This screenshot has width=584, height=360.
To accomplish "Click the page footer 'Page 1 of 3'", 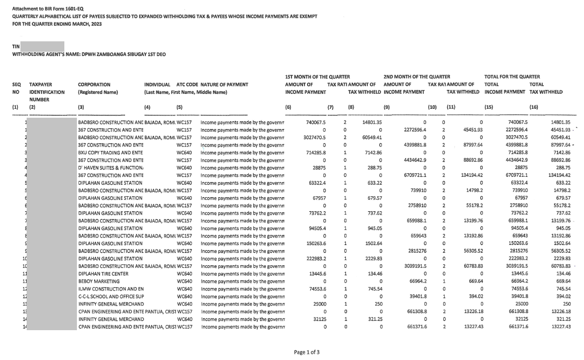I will pos(307,352).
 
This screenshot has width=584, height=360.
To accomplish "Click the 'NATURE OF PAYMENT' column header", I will pos(224,84).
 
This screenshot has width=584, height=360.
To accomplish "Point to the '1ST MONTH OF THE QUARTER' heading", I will pos(317,76).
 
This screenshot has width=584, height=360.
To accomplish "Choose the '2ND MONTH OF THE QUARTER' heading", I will pos(417,76).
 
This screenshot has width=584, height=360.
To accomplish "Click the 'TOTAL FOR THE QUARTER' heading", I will pos(512,76).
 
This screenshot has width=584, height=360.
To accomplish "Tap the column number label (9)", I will pos(387,107).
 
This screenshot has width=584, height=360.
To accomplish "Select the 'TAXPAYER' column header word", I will pos(41,84).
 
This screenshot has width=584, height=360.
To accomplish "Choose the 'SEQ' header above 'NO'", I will pos(17,84).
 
